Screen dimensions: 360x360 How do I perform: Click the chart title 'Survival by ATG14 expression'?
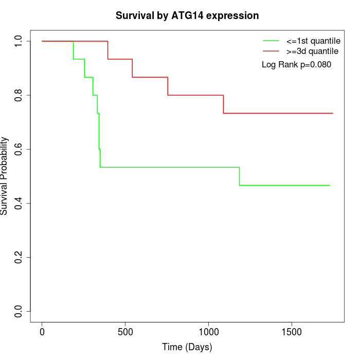tap(187, 15)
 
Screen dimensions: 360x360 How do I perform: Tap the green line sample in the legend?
tap(271, 41)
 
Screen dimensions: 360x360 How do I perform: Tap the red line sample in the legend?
tap(271, 51)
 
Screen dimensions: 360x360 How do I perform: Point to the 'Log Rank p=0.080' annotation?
tap(296, 65)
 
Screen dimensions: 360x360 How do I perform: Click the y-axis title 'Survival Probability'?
tap(5, 176)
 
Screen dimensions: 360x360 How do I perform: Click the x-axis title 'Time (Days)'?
tap(187, 347)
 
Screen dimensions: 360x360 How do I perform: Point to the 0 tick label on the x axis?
tap(42, 332)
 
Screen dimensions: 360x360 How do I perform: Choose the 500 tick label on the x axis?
tap(125, 332)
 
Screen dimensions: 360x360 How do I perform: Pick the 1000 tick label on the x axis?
tap(208, 332)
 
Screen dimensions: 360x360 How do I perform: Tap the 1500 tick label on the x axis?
tap(292, 332)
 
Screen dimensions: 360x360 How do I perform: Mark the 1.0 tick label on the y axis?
tap(19, 41)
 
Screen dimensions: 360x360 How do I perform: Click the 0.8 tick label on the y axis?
tap(19, 95)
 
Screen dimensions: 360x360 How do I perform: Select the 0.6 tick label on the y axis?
tap(19, 149)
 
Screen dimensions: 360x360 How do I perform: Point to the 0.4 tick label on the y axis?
tap(19, 203)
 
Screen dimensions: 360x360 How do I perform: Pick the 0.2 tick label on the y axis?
tap(19, 257)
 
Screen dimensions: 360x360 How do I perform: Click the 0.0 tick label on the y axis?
tap(19, 311)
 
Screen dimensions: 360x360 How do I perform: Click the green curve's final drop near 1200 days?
tap(239, 176)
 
